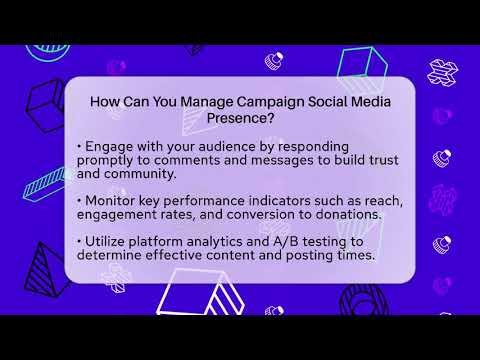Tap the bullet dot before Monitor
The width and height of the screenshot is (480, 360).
pyautogui.click(x=78, y=200)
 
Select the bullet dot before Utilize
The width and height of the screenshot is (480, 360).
pyautogui.click(x=78, y=241)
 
